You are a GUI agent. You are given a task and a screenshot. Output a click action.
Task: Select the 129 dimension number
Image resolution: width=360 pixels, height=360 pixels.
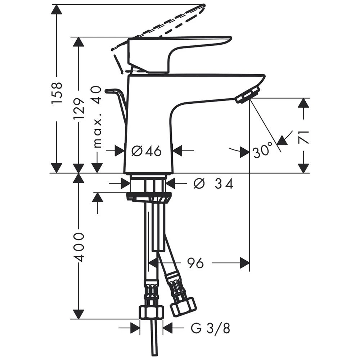click(x=79, y=109)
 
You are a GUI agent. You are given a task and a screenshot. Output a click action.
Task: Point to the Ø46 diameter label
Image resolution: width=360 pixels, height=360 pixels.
click(x=147, y=151)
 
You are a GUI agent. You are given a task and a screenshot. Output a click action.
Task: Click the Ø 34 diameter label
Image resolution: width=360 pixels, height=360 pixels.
click(x=213, y=183)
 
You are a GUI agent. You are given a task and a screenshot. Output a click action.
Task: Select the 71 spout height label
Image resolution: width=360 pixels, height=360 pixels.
click(x=303, y=137)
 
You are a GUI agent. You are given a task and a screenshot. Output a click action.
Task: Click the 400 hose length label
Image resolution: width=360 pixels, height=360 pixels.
click(x=79, y=247)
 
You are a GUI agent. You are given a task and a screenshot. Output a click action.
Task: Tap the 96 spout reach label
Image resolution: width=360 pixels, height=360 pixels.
click(x=195, y=263)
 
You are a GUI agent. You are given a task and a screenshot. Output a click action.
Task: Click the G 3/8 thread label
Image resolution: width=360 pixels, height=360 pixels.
click(x=210, y=328)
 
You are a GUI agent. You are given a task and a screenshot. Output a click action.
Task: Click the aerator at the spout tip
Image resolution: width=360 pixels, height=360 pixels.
click(x=248, y=95)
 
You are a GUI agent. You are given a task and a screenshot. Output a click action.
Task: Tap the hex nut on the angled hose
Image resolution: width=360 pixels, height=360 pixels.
click(x=183, y=306)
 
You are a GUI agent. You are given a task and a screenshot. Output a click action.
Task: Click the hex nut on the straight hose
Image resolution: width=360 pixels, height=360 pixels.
click(x=152, y=312)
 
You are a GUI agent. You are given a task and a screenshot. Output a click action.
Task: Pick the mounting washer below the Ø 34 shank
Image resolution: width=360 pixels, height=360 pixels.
click(x=149, y=197)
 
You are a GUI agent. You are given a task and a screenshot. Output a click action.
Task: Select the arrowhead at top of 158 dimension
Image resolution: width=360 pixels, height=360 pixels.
click(x=57, y=9)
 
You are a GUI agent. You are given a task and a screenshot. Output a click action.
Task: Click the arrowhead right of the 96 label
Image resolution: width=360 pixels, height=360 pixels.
click(x=245, y=263)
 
